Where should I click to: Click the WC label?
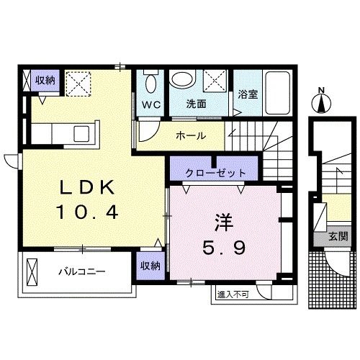tap(150, 104)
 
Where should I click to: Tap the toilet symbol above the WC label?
tap(150, 81)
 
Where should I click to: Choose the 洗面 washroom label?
tap(197, 104)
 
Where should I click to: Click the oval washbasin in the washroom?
tap(186, 80)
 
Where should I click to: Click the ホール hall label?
tap(191, 135)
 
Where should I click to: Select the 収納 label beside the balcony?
tap(150, 265)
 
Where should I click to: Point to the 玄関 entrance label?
tap(338, 236)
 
